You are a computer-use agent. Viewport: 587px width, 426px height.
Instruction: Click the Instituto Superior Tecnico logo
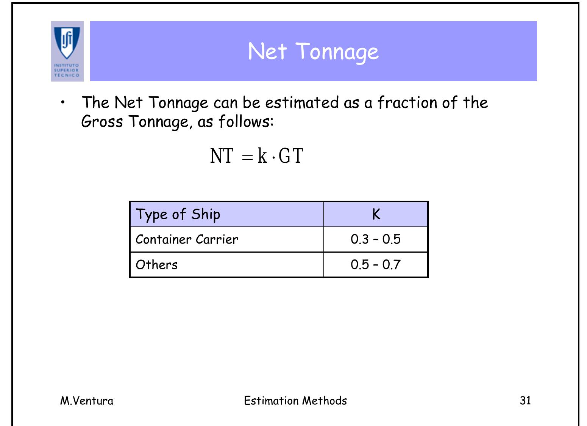tap(67, 51)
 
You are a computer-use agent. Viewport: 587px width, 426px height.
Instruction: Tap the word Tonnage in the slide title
tap(337, 52)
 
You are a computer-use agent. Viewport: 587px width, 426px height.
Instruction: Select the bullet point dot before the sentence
tap(63, 102)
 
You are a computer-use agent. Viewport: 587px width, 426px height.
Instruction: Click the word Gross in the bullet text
tap(102, 122)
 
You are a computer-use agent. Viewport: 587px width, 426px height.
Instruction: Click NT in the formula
tap(222, 156)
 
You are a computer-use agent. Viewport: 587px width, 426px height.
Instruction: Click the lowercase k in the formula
tap(262, 156)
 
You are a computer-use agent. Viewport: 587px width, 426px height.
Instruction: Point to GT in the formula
tap(291, 156)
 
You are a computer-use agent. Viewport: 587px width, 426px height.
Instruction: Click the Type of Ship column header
tap(178, 214)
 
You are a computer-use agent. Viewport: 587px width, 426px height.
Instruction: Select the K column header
tap(376, 214)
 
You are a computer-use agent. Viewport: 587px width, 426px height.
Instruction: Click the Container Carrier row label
tap(187, 239)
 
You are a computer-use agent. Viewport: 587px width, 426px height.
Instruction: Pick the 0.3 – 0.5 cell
tap(375, 239)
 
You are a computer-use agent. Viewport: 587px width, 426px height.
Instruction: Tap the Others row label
tap(156, 264)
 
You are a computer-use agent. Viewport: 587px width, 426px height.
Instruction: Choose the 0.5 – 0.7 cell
tap(375, 264)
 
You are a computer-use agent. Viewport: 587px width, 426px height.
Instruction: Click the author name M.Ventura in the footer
tap(87, 401)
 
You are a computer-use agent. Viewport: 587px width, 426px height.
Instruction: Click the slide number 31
tap(525, 401)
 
